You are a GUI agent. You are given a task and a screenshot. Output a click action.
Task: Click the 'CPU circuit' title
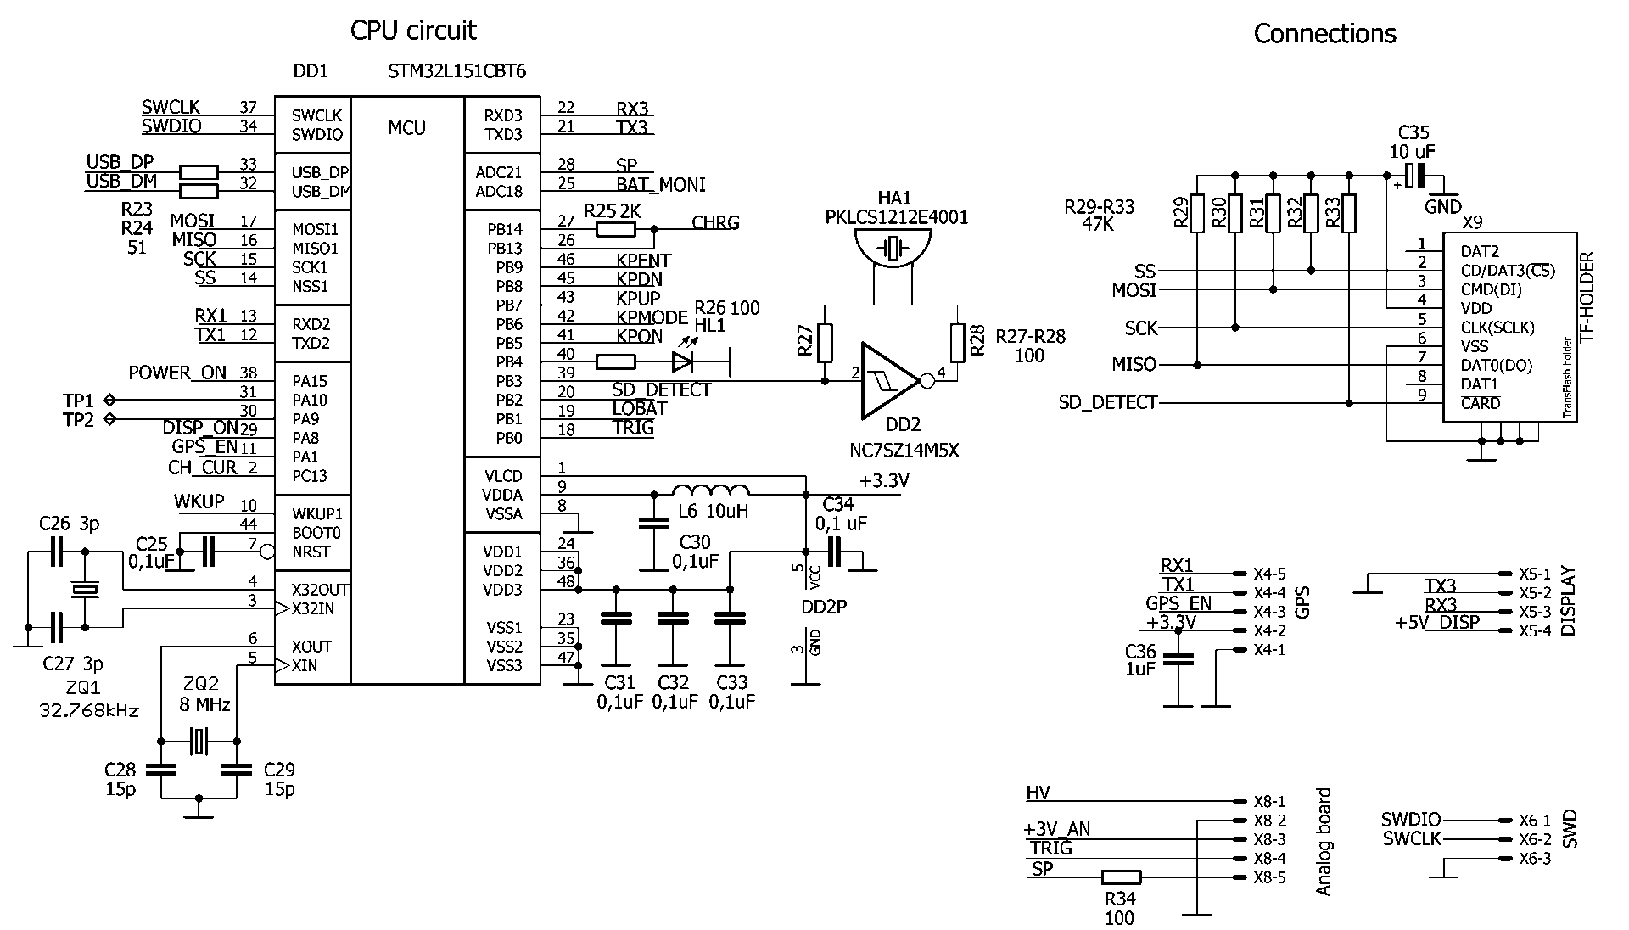413,31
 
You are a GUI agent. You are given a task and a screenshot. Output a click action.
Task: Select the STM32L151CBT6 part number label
456,71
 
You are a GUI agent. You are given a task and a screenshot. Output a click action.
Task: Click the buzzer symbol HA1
893,248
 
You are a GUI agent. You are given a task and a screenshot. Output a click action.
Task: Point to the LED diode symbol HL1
683,362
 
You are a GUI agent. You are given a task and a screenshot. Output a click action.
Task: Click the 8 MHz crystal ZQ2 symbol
199,741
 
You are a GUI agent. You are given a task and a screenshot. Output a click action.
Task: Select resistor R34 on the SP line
1121,877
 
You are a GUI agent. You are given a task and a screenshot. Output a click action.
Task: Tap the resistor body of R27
825,344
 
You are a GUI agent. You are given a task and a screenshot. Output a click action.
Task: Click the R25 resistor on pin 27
617,229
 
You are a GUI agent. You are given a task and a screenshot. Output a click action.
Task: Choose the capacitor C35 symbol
1413,177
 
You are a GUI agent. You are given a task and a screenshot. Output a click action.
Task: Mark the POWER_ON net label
177,373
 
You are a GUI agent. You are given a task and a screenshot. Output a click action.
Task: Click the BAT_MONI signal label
660,185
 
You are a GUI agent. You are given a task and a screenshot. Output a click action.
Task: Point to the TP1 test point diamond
109,400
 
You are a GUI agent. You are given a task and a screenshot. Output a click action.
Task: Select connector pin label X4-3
1269,612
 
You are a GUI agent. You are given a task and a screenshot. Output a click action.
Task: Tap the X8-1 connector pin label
1269,801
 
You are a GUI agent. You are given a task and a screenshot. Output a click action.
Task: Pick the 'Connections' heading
1324,34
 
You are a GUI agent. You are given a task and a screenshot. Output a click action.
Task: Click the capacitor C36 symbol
1177,658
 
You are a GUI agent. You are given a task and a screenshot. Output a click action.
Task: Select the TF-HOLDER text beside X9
1587,296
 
